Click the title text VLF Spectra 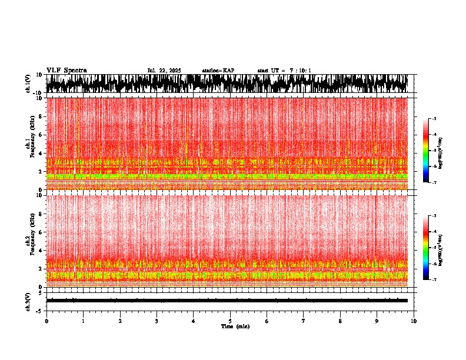[x=66, y=70]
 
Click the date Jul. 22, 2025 [x=164, y=71]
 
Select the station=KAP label [x=218, y=71]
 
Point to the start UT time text [x=284, y=71]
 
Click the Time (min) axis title [x=235, y=326]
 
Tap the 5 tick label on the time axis [x=230, y=321]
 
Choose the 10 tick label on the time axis [x=414, y=321]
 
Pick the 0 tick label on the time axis [x=46, y=321]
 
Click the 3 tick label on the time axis [x=157, y=321]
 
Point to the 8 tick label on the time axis [x=340, y=321]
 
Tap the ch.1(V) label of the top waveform [x=28, y=84]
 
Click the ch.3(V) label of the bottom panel [x=28, y=300]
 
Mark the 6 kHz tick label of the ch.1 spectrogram [x=40, y=135]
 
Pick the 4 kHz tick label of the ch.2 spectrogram [x=40, y=250]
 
